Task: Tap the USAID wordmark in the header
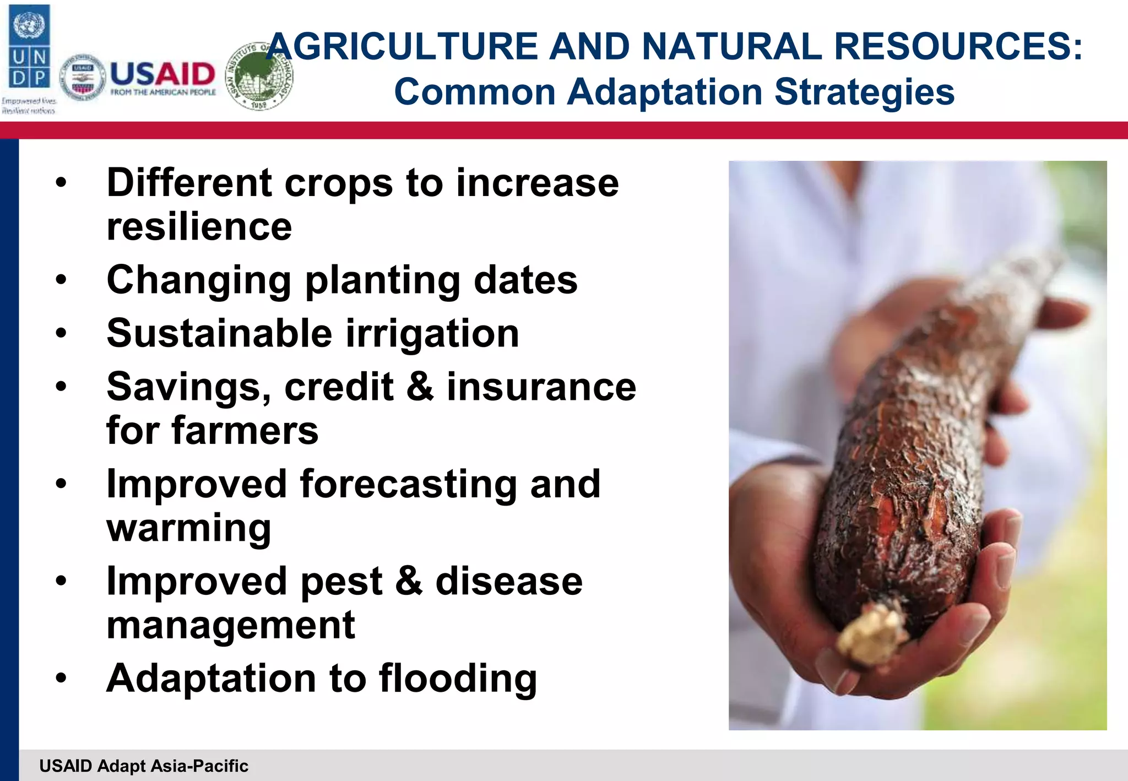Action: [x=162, y=74]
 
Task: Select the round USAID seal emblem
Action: [x=83, y=78]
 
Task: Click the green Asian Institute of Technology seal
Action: [x=260, y=76]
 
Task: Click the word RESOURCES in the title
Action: [x=958, y=46]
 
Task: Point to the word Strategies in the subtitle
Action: [x=864, y=92]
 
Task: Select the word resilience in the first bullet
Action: [x=199, y=227]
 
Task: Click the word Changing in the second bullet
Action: [x=199, y=280]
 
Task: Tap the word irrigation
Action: [x=432, y=334]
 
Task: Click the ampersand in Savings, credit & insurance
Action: [x=420, y=387]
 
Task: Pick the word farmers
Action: [x=245, y=431]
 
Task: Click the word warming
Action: [x=189, y=528]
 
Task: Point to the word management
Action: [x=231, y=626]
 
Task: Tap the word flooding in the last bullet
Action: [x=458, y=679]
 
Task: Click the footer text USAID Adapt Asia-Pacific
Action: [x=144, y=766]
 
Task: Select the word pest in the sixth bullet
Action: [x=341, y=582]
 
